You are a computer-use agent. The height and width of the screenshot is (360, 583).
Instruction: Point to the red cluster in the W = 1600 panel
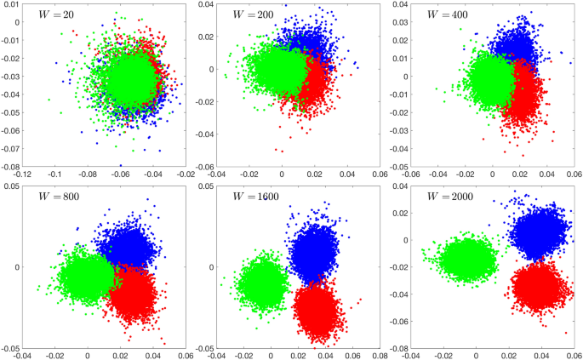click(315, 309)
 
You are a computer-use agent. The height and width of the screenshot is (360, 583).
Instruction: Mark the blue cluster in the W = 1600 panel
click(313, 249)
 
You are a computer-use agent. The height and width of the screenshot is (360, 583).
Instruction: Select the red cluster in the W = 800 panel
click(133, 294)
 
